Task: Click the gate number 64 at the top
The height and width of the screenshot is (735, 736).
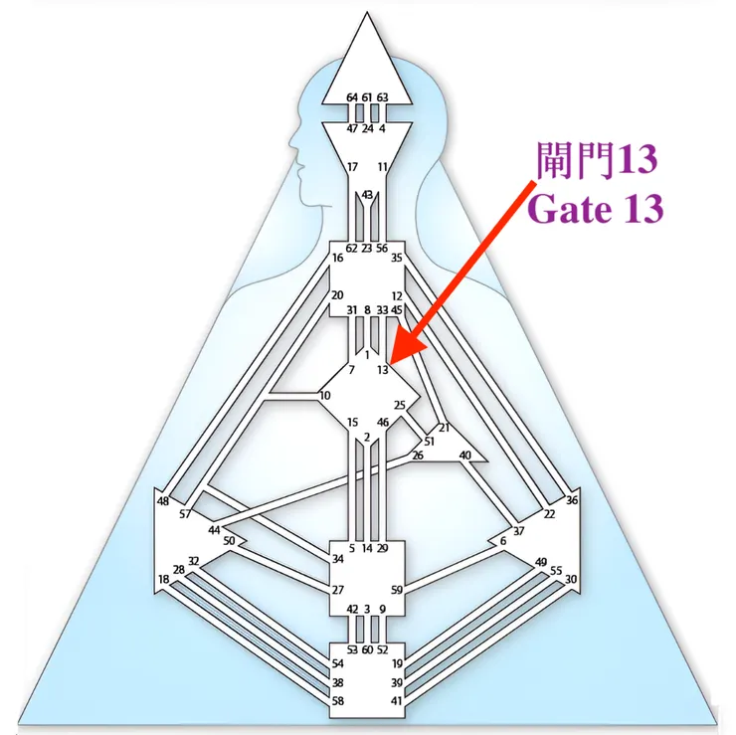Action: point(352,96)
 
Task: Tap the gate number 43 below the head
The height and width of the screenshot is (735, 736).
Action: point(367,195)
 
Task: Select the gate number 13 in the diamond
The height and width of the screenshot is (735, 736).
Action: point(383,370)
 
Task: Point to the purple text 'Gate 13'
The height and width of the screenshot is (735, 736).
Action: point(596,209)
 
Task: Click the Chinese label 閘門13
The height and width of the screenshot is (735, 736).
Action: point(596,158)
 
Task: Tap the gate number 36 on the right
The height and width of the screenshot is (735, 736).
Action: point(572,500)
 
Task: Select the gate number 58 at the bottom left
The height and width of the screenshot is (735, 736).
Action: point(338,701)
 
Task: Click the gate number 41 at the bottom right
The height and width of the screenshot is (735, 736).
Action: point(397,701)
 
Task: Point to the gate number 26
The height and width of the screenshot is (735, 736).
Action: point(418,456)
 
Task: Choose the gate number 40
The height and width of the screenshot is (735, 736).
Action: point(464,456)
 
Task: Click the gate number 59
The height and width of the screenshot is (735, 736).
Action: point(397,590)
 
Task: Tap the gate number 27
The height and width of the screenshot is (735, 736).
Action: point(338,590)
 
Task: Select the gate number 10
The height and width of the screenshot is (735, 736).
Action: point(325,396)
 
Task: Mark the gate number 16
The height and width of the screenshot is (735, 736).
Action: point(338,259)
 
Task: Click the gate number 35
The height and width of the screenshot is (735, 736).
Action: point(397,259)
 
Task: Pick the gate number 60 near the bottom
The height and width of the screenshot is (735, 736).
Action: point(367,649)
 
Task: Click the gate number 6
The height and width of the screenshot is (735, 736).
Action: point(503,540)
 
